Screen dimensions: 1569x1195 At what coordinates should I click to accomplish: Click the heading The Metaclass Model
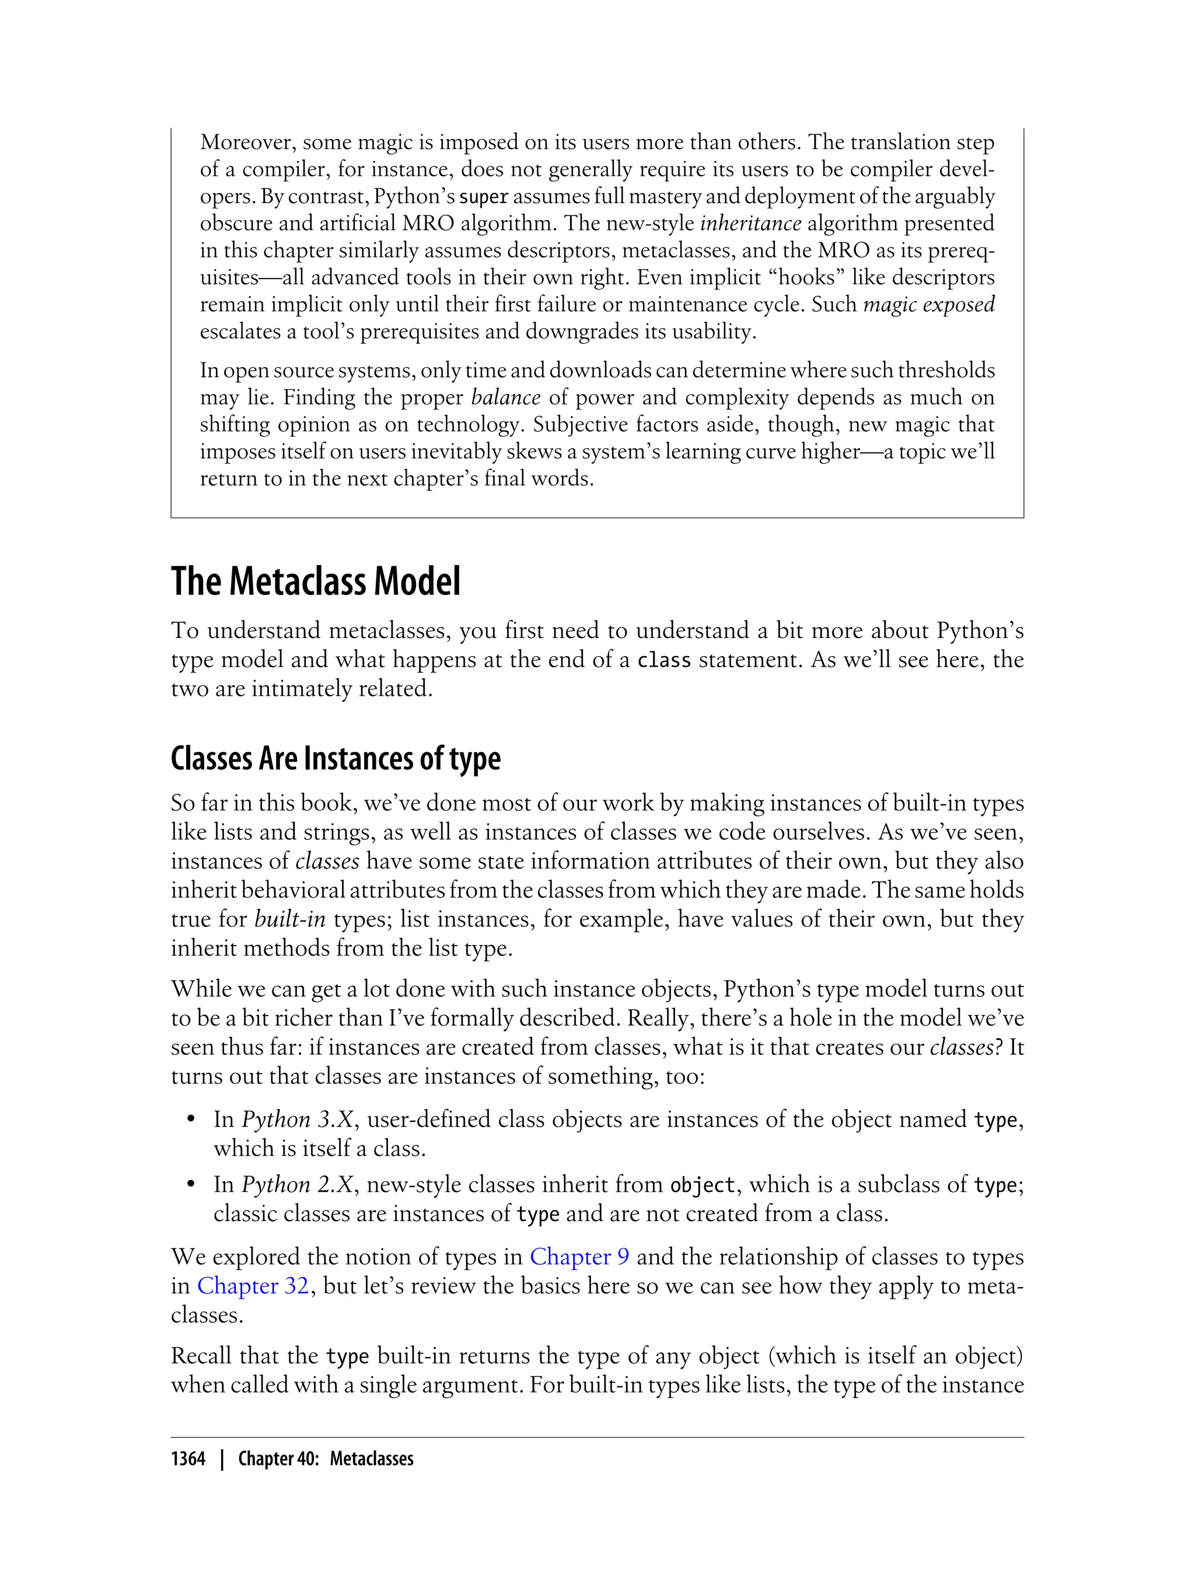click(315, 581)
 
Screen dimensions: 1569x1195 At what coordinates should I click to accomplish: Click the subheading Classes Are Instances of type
click(335, 759)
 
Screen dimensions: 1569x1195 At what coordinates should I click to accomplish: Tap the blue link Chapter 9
click(579, 1257)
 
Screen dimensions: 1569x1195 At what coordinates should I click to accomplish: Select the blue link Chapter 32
click(253, 1286)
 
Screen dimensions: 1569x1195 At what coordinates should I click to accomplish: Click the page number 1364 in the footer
click(188, 1459)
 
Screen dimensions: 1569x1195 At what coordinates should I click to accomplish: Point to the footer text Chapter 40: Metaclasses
click(325, 1459)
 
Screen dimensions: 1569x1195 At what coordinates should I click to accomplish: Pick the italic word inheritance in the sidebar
click(750, 224)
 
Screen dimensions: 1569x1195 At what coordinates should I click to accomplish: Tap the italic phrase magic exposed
click(928, 305)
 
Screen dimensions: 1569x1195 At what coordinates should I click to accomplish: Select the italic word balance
click(506, 397)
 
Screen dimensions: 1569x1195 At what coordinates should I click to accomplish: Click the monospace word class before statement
click(663, 660)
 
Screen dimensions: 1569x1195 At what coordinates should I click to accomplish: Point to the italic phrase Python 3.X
click(298, 1120)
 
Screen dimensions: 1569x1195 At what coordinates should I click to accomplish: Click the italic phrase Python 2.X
click(298, 1185)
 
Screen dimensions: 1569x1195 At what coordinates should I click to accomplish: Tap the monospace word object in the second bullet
click(702, 1186)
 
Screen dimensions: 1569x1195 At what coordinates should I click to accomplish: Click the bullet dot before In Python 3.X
click(191, 1120)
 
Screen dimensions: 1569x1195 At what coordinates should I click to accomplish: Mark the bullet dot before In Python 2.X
click(191, 1185)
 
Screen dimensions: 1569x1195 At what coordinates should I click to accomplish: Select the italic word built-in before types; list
click(289, 919)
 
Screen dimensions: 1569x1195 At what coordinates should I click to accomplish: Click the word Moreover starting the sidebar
click(247, 142)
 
